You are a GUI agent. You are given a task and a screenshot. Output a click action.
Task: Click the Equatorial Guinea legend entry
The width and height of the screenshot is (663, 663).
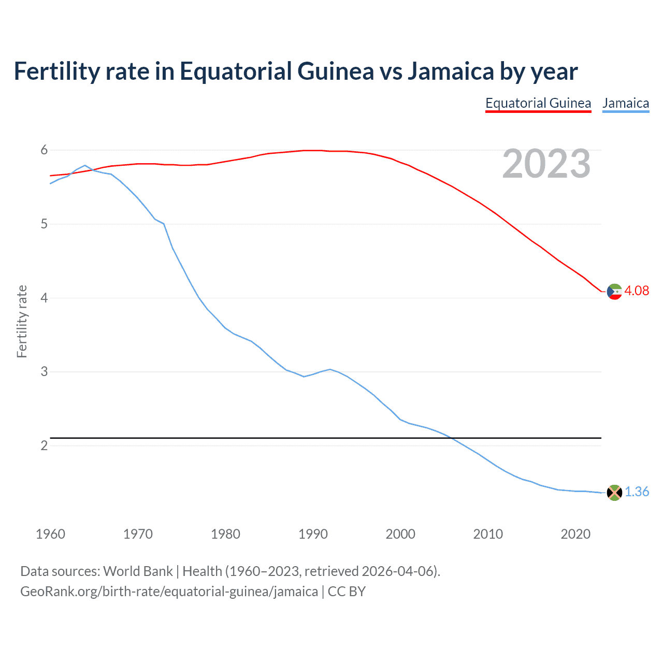(538, 103)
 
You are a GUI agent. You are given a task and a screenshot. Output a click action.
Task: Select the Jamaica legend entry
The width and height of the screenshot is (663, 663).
(626, 103)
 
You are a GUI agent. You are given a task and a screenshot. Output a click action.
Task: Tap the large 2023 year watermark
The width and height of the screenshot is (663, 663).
(546, 164)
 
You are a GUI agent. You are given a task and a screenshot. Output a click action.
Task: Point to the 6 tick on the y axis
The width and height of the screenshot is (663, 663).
(44, 150)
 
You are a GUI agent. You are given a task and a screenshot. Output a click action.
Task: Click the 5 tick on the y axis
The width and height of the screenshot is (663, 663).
(44, 224)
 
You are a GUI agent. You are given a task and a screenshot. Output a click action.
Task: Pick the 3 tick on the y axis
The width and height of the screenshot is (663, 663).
(44, 372)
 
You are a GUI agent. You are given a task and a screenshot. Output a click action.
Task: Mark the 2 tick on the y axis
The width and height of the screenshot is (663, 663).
(44, 445)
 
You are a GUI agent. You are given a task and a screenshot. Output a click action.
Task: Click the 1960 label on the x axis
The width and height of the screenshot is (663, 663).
(50, 534)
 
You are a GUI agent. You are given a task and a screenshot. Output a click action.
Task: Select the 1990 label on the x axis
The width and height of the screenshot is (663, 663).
(313, 534)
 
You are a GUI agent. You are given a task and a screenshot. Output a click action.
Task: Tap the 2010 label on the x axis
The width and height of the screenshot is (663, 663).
(488, 534)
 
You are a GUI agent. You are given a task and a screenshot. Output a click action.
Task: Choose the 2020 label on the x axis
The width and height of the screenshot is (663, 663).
(575, 534)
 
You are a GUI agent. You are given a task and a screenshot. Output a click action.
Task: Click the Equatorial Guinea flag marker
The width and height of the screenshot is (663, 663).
(614, 292)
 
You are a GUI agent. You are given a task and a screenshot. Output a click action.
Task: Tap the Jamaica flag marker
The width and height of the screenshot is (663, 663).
(614, 493)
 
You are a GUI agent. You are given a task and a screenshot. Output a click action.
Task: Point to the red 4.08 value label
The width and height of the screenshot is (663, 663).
(637, 291)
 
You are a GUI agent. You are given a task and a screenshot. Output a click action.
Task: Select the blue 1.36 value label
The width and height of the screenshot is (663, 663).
(637, 492)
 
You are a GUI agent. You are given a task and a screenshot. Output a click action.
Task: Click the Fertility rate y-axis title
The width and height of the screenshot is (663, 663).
(22, 321)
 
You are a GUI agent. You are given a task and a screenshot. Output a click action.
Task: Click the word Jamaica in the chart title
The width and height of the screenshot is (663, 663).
(450, 71)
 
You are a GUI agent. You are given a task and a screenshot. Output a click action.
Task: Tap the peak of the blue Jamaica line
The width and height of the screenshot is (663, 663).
(85, 166)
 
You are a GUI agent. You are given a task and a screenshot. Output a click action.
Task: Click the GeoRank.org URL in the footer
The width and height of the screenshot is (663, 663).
(169, 592)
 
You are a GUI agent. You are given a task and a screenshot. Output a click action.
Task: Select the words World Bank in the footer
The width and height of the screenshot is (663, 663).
(138, 571)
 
